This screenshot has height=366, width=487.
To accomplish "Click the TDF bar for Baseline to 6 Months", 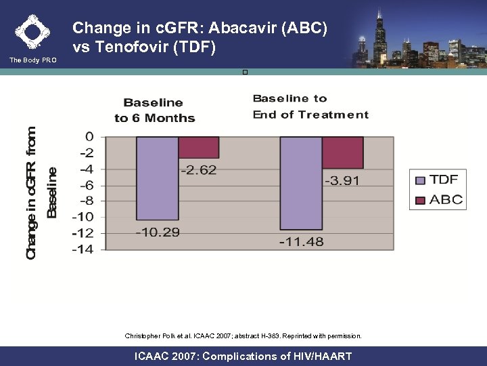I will [x=157, y=178].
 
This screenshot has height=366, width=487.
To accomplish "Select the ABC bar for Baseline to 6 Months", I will [x=199, y=147].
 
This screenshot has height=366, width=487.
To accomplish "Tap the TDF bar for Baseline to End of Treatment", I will [x=301, y=182].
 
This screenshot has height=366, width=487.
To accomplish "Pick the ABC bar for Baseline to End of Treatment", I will [x=342, y=152].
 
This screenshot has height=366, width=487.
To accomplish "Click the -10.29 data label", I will [x=158, y=232].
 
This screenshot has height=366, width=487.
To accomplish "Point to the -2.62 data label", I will [x=198, y=170].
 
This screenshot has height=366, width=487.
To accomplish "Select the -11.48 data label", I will [x=301, y=241].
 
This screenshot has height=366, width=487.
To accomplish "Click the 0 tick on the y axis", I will [x=89, y=137].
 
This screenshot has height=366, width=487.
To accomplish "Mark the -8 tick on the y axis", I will [x=85, y=201].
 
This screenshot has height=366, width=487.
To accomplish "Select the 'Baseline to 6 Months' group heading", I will [x=154, y=110].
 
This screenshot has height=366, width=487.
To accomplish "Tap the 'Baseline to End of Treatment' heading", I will [x=310, y=106].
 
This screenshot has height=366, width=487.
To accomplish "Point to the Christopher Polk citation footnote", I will [x=243, y=335].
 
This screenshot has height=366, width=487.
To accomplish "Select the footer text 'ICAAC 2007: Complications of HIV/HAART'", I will [x=243, y=356].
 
